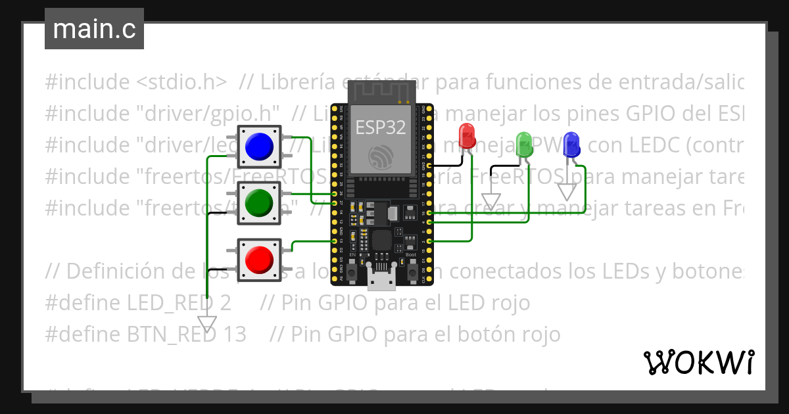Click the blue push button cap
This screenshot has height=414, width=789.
pos(259,145)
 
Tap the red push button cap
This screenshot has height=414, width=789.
pos(259,259)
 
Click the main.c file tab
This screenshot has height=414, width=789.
pos(94,30)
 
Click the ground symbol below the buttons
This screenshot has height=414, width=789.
pos(207,324)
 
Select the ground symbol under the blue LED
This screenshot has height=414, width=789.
pos(567,191)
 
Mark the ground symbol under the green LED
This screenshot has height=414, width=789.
pos(491,200)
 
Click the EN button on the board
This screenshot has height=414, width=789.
pos(353,271)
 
